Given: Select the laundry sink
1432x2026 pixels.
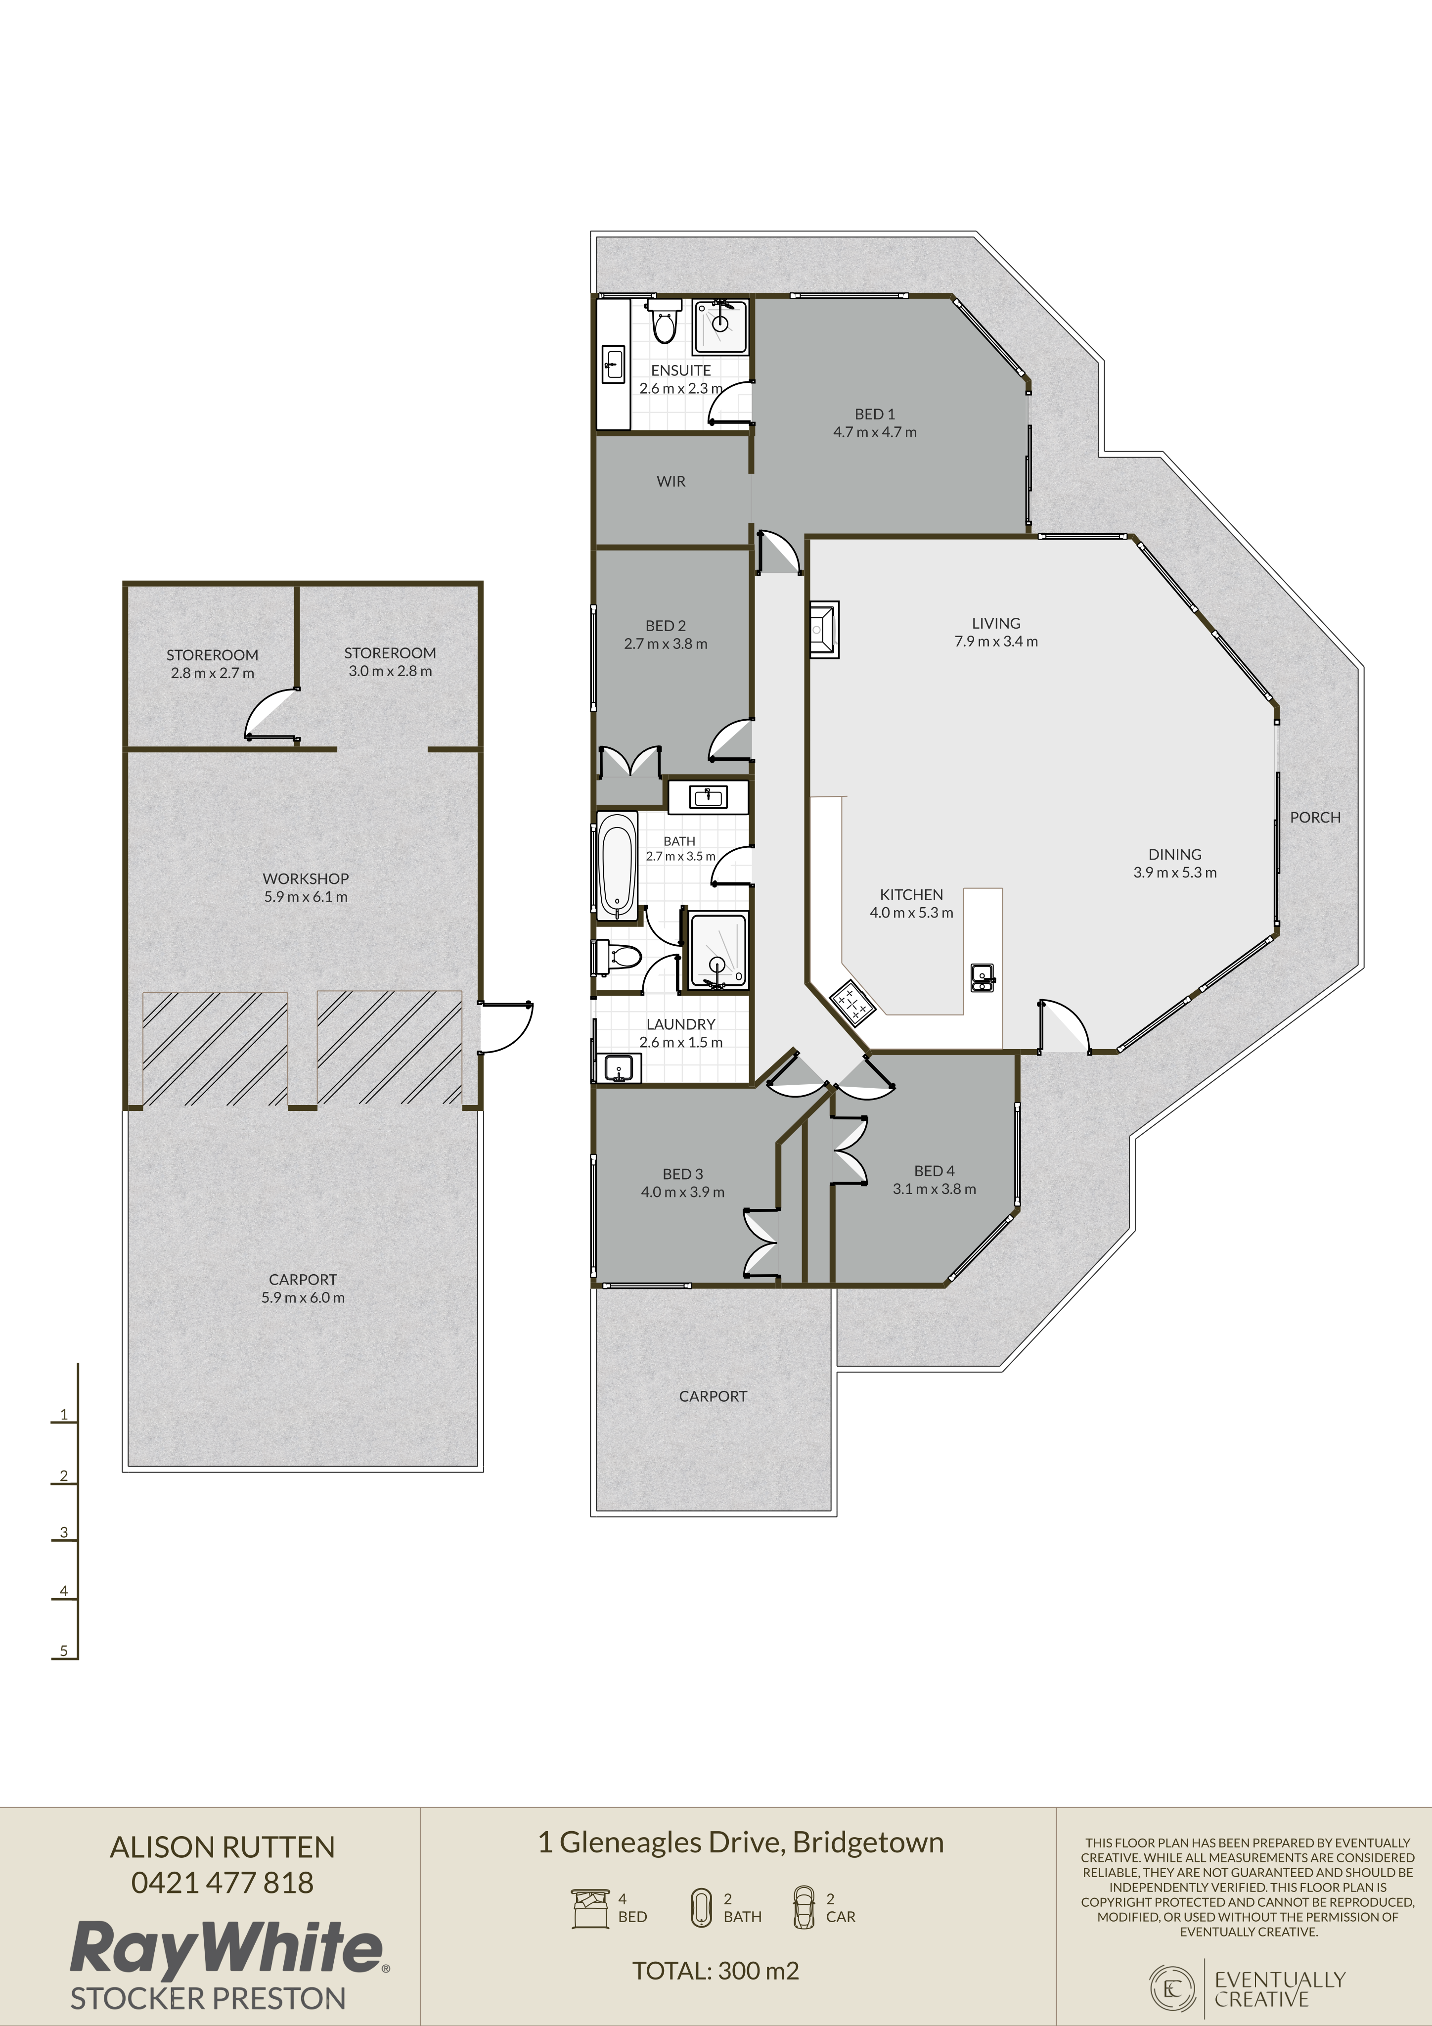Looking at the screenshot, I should [x=619, y=1068].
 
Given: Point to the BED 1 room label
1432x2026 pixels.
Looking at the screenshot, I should [x=874, y=414].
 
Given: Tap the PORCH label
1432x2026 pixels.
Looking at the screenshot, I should [x=1315, y=817].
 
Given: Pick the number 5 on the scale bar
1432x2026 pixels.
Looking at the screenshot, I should [x=63, y=1650].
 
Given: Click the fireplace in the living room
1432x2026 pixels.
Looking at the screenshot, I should [x=823, y=629].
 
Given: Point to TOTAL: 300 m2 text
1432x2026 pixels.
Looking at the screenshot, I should [x=716, y=1971].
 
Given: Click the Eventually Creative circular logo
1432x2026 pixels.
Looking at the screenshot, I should [x=1172, y=1988].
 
